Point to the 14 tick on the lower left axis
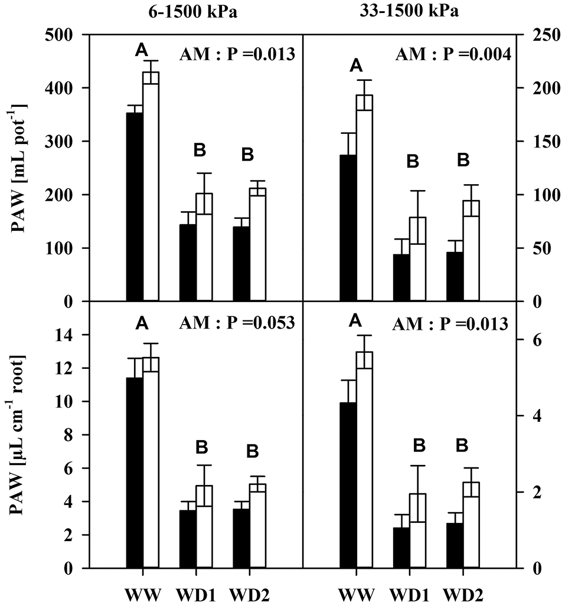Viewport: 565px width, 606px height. tap(69, 335)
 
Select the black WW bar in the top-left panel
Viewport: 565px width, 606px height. tap(135, 207)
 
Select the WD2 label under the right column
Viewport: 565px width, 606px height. tap(463, 591)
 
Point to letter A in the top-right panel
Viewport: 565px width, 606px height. tap(355, 65)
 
